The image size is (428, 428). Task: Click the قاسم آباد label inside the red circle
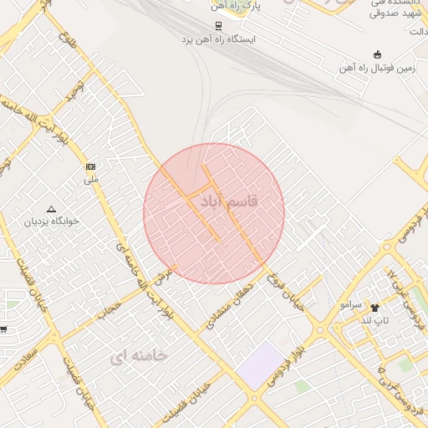coord(224,202)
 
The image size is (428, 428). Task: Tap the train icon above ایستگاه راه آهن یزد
coord(219,25)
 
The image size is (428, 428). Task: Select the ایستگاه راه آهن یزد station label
coord(220,39)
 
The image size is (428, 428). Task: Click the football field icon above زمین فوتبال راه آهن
coord(377,54)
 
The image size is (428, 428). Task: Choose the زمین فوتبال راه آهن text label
coord(378,67)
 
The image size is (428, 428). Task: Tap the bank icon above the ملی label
coord(91,166)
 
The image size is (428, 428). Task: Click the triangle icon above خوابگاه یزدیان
coord(52,209)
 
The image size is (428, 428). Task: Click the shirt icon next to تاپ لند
coord(374,308)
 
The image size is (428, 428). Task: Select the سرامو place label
coord(349,307)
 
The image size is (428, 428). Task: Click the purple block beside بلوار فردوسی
coord(260,364)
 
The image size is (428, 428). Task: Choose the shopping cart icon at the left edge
coord(3,329)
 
